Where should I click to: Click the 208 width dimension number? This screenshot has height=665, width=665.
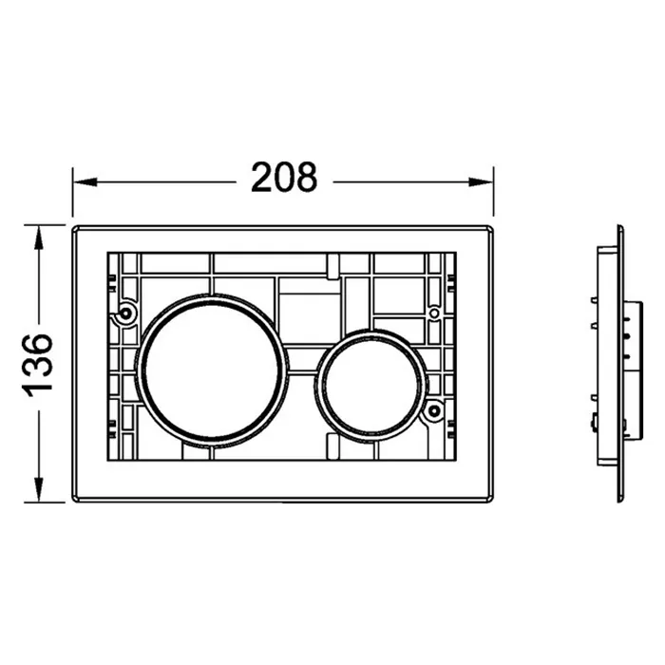(x=284, y=178)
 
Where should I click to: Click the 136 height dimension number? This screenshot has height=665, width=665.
(x=38, y=365)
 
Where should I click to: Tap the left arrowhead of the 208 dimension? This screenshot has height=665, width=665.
(x=85, y=182)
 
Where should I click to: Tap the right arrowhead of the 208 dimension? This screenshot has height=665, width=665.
(x=481, y=182)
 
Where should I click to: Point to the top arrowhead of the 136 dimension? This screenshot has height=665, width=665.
(x=39, y=237)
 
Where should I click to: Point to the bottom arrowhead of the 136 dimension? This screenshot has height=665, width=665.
(x=39, y=490)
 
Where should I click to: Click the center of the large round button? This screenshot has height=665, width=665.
(x=212, y=370)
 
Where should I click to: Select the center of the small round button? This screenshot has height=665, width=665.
(x=372, y=386)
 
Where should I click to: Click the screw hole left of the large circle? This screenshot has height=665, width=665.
(x=125, y=313)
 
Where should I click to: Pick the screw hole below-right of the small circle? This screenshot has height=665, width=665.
(x=434, y=410)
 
